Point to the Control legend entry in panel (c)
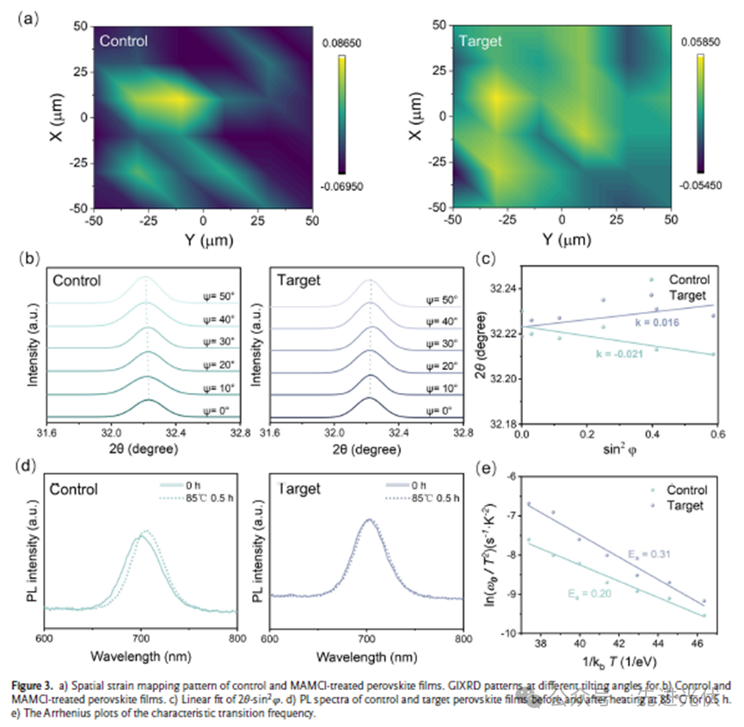(686, 280)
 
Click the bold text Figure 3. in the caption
(34, 684)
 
